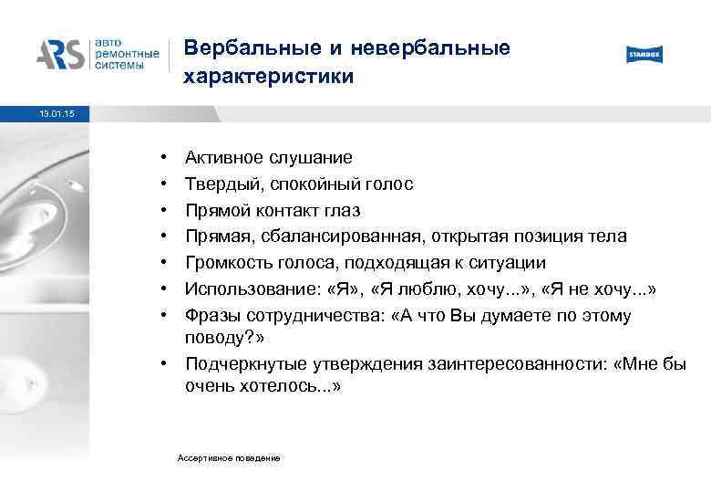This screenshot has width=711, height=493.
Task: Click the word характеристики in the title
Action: coord(268,79)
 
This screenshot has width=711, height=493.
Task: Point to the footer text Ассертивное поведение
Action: coord(229,456)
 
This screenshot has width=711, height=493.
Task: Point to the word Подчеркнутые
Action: coord(239,364)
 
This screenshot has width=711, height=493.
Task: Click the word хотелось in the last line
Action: coord(274,386)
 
